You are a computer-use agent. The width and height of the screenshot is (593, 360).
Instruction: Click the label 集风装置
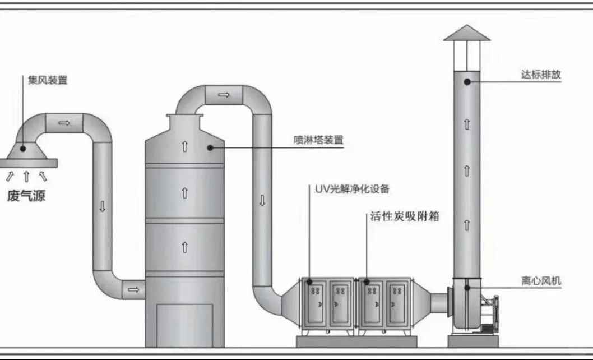click(x=48, y=80)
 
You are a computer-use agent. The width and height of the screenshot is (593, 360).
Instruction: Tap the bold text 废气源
click(x=26, y=196)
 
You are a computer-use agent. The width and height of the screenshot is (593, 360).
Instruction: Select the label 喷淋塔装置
click(x=318, y=140)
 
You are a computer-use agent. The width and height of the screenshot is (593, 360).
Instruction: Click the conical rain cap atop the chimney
click(x=466, y=33)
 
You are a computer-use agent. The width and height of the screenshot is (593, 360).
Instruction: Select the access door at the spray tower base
click(x=184, y=325)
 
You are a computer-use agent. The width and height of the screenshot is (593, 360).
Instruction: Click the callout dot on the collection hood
click(x=22, y=149)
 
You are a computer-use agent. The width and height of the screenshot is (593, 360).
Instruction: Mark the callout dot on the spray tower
click(x=210, y=148)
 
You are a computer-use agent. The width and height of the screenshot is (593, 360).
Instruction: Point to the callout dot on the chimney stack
click(x=466, y=82)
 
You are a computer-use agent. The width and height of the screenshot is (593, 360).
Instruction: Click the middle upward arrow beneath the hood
click(x=26, y=177)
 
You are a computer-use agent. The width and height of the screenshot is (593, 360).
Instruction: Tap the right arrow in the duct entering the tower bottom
click(x=133, y=289)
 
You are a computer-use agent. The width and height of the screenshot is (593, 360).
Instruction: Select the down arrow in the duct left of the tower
click(x=102, y=206)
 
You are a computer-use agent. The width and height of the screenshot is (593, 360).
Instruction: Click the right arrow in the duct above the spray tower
click(x=224, y=94)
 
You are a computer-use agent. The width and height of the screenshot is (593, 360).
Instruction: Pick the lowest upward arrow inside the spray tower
click(x=184, y=246)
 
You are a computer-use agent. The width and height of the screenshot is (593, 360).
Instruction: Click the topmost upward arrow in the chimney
click(x=466, y=124)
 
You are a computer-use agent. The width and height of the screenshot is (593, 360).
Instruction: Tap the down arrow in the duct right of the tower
click(x=262, y=200)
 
